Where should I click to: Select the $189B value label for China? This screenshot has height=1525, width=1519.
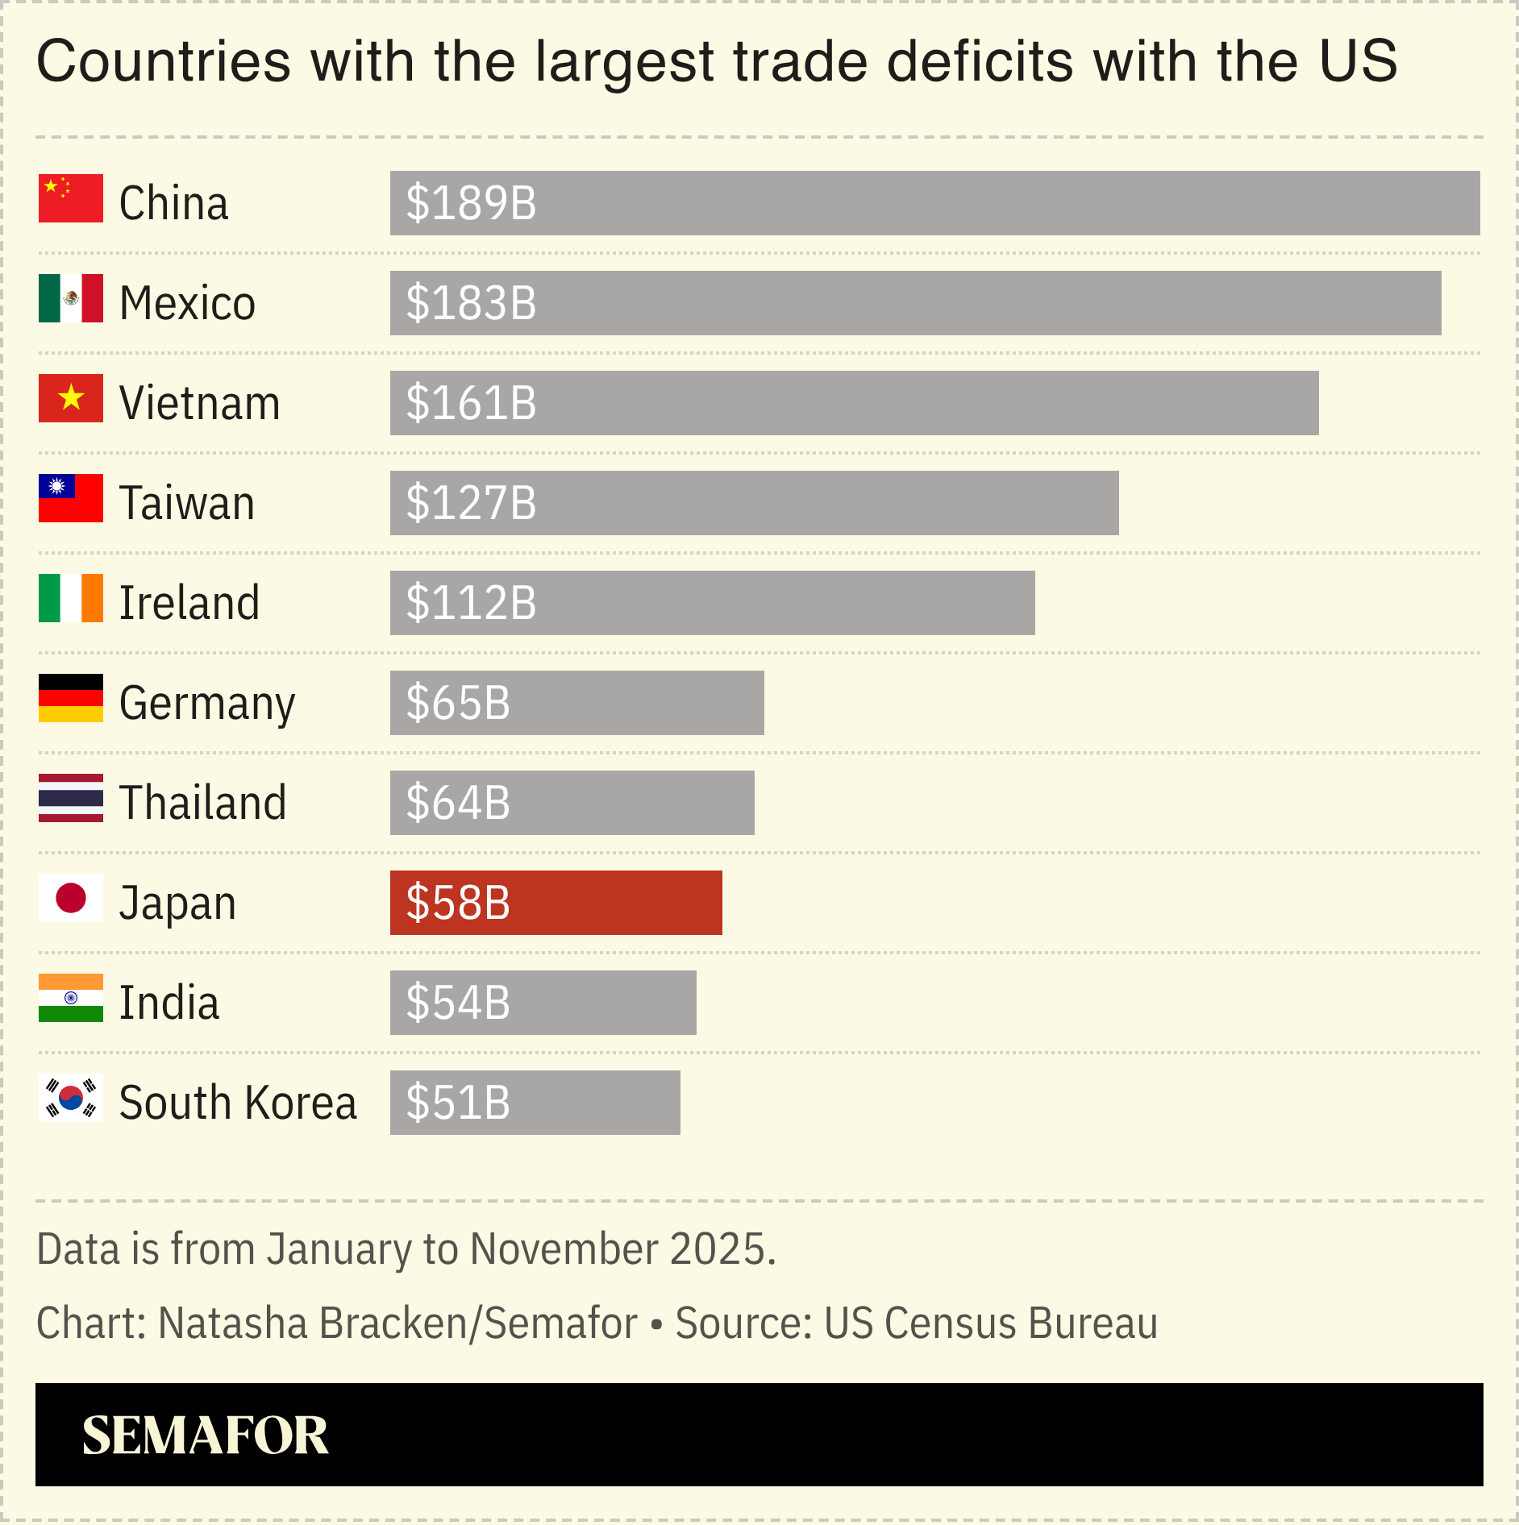pyautogui.click(x=471, y=203)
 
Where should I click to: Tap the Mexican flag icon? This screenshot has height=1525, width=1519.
pyautogui.click(x=71, y=298)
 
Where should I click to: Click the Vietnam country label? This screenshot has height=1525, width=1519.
pyautogui.click(x=199, y=403)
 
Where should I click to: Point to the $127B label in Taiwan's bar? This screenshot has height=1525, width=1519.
pyautogui.click(x=471, y=503)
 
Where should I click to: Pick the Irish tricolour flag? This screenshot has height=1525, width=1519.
pyautogui.click(x=71, y=598)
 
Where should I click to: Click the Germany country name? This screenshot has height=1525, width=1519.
pyautogui.click(x=207, y=703)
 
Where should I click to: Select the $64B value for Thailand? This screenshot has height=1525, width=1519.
pyautogui.click(x=458, y=803)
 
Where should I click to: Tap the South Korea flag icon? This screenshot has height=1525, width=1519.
pyautogui.click(x=71, y=1098)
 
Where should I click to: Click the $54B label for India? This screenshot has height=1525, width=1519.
pyautogui.click(x=458, y=1003)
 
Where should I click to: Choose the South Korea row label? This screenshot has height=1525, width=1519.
pyautogui.click(x=237, y=1103)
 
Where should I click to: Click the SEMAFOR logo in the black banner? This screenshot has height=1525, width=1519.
pyautogui.click(x=205, y=1436)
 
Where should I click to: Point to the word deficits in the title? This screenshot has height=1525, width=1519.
pyautogui.click(x=980, y=61)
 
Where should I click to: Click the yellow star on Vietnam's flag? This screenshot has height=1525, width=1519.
pyautogui.click(x=71, y=397)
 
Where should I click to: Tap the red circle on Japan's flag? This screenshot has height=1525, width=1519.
pyautogui.click(x=71, y=898)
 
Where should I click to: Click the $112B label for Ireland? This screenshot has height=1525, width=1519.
pyautogui.click(x=471, y=603)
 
